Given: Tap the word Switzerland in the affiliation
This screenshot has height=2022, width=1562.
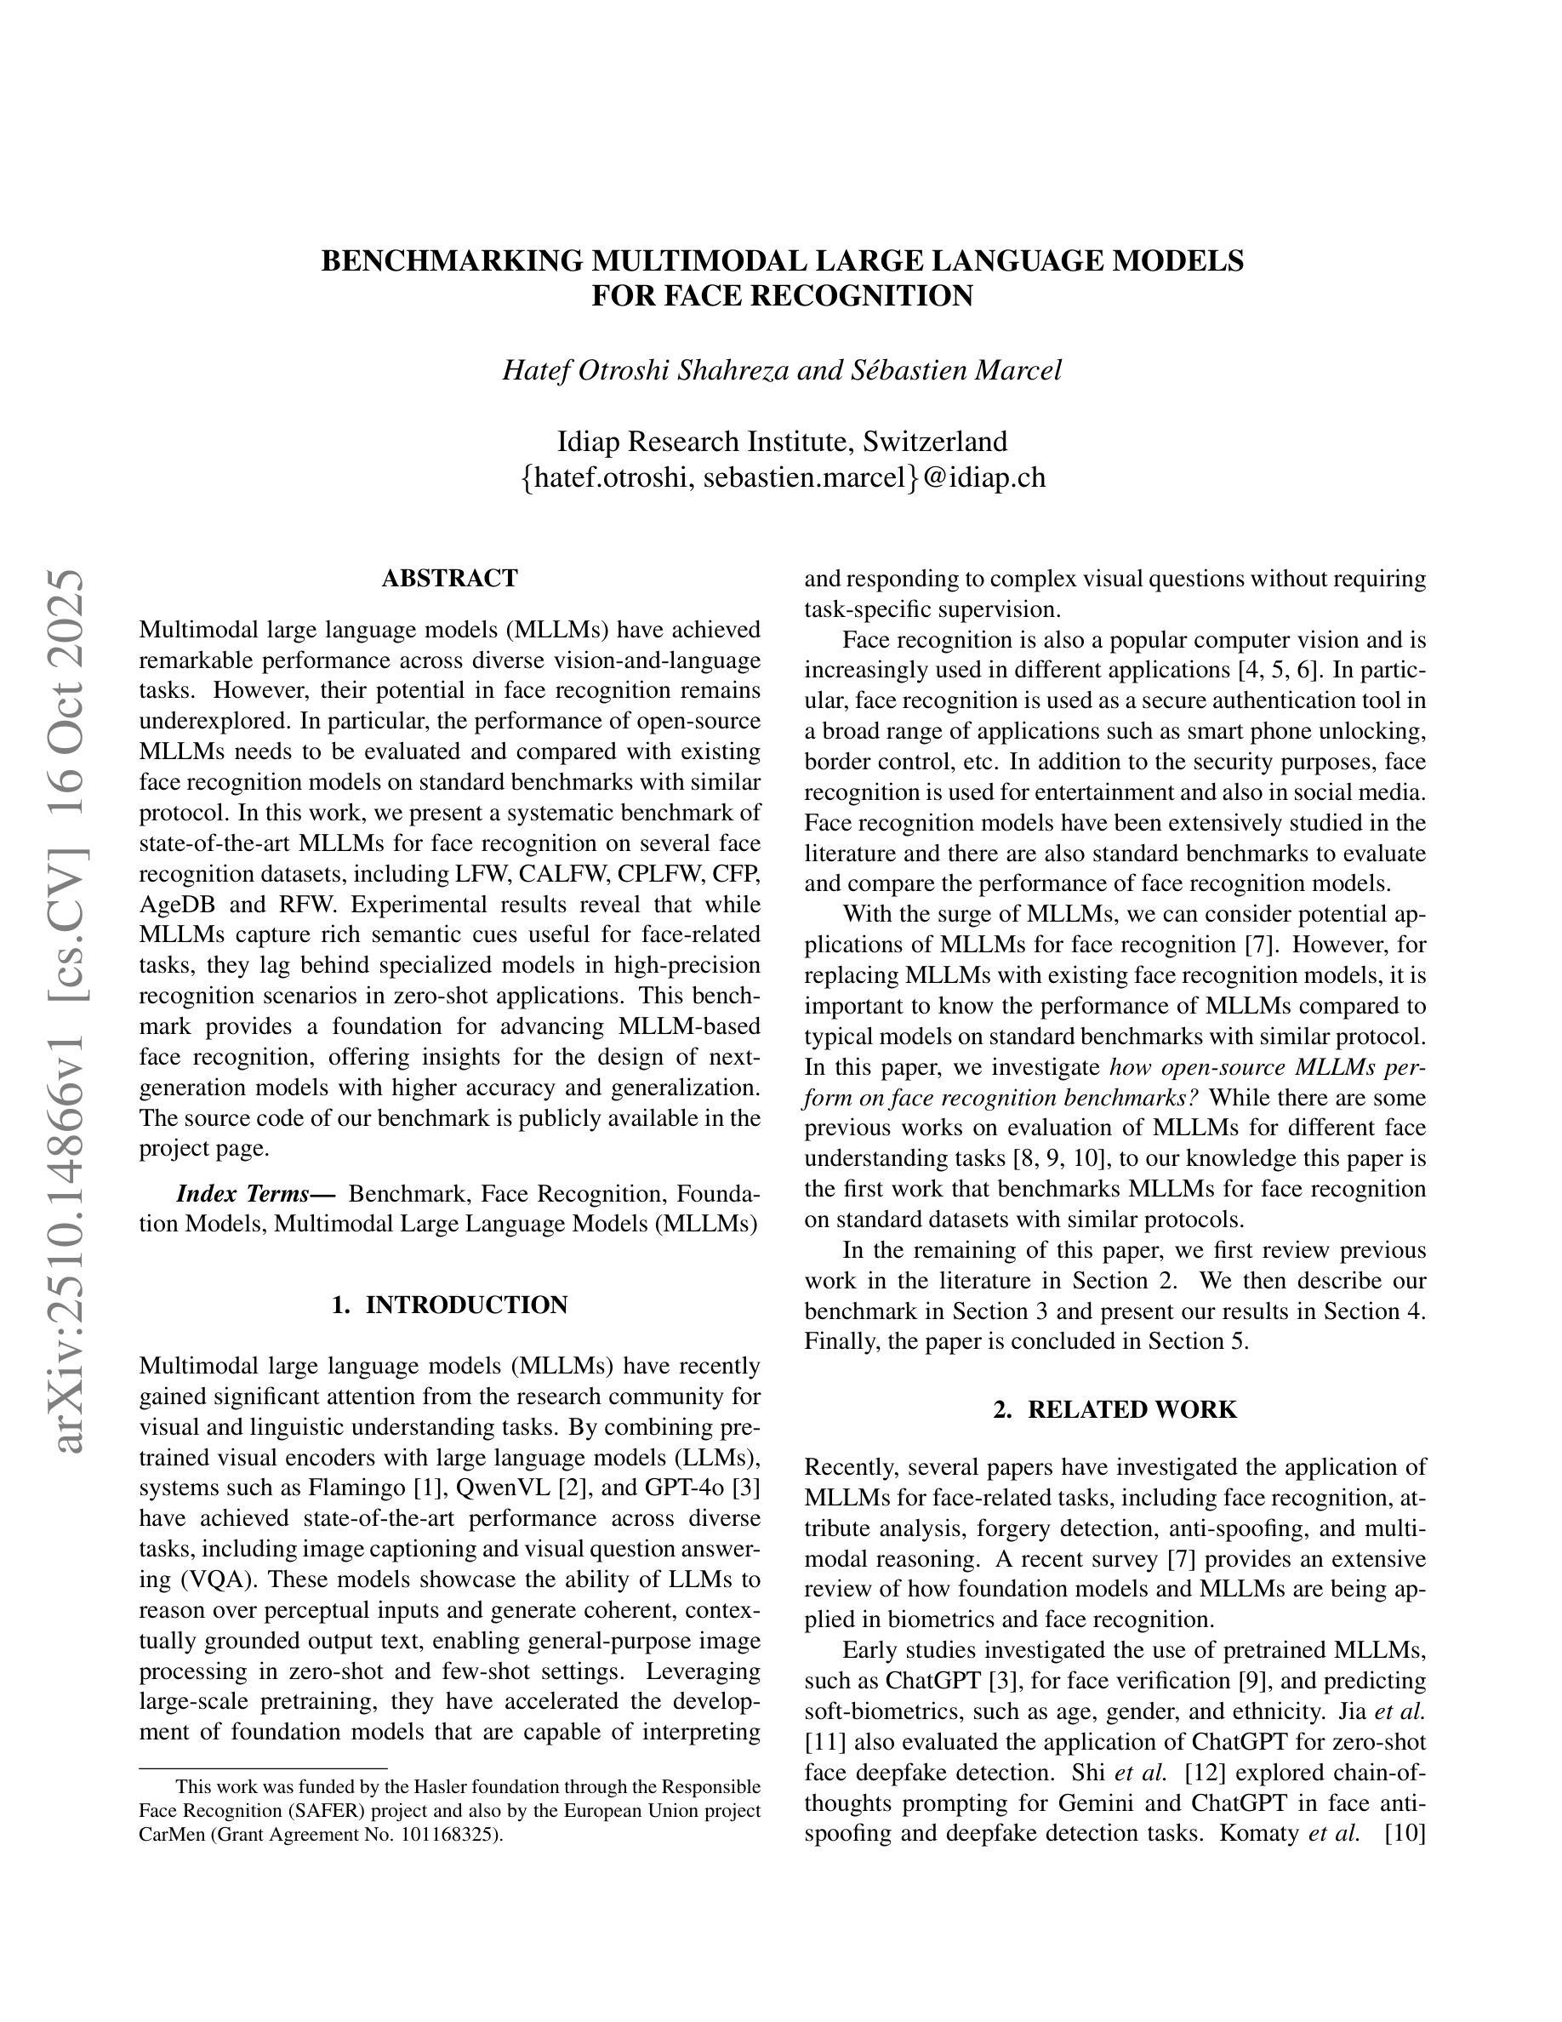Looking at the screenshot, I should click(935, 441).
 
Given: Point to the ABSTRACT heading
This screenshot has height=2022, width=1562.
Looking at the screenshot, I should click(450, 579).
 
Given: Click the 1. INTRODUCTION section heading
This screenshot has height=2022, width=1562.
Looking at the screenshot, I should click(450, 1305).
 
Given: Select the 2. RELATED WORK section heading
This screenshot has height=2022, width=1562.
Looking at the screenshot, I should click(1115, 1410).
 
